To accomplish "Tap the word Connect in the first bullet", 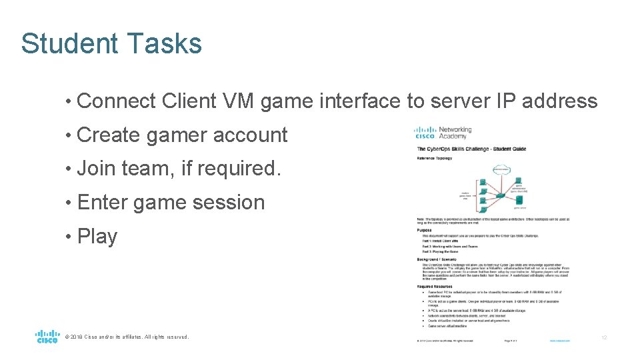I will (x=117, y=101).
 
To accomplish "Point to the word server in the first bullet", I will (x=459, y=101).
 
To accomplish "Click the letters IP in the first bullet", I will (x=506, y=101).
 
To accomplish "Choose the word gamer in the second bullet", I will (x=177, y=135).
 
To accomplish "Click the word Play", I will (x=97, y=237).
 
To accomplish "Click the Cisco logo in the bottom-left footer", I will (x=47, y=337).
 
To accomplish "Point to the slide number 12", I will (x=604, y=338).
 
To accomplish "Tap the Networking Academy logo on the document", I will (x=443, y=133).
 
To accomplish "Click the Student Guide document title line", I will (x=471, y=149).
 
